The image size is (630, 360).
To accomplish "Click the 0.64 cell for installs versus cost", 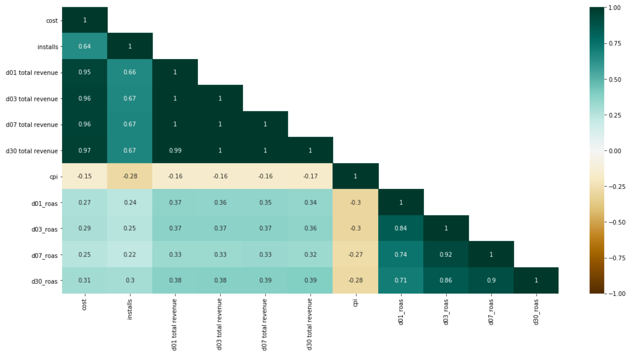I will (x=84, y=46).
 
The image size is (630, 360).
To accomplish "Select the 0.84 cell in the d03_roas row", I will (x=401, y=228).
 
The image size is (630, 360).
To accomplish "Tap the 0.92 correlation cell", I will (x=446, y=254).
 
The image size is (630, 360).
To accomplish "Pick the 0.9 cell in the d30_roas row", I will (x=491, y=280).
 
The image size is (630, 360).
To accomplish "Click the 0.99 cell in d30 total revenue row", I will (x=175, y=150).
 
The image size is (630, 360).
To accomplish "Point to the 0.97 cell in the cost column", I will (x=84, y=150).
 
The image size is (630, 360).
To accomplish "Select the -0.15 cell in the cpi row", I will (x=84, y=176).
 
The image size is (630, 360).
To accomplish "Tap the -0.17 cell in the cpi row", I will (x=310, y=176).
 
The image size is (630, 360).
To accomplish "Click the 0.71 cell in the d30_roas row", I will (x=401, y=280).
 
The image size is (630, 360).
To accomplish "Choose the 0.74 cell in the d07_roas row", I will (x=401, y=254).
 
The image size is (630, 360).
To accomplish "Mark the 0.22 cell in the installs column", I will (x=130, y=254).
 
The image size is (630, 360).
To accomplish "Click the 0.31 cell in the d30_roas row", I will (x=84, y=280).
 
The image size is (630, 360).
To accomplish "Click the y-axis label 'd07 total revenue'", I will (x=32, y=125).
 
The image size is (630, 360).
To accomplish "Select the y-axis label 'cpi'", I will (x=53, y=177).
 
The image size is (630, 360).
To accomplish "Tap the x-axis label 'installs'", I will (x=130, y=309).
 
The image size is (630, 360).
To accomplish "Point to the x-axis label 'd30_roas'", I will (x=536, y=312).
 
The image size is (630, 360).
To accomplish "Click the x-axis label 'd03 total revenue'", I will (x=220, y=324).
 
